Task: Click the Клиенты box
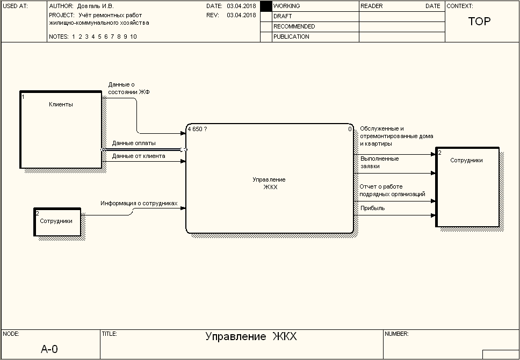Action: click(x=61, y=129)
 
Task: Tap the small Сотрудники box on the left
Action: click(x=57, y=221)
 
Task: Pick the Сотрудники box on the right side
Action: click(x=467, y=187)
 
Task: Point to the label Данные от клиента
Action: click(x=139, y=156)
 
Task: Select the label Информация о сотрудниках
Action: click(x=139, y=204)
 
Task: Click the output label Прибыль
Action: click(x=372, y=208)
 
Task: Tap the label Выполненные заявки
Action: click(x=379, y=162)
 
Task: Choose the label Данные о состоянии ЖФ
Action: click(x=129, y=88)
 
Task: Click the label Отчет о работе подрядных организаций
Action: click(x=392, y=190)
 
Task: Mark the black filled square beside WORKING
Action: click(x=266, y=6)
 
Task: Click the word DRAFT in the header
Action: click(x=283, y=16)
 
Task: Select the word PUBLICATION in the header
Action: click(x=291, y=37)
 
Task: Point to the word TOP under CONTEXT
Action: click(x=479, y=21)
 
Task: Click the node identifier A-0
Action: click(x=49, y=349)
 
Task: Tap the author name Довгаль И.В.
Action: click(x=96, y=6)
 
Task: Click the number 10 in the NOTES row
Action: click(x=133, y=37)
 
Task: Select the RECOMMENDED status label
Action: click(x=294, y=26)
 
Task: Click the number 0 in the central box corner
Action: click(x=350, y=129)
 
